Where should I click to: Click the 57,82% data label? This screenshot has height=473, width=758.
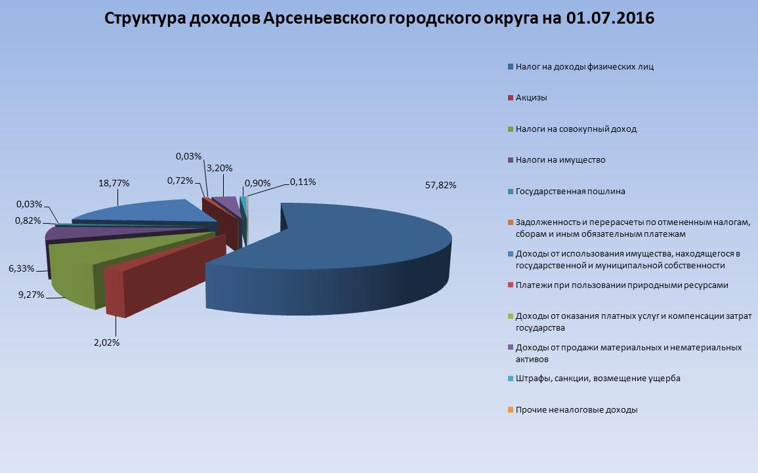[x=440, y=185]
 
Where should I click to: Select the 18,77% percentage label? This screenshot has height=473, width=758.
[x=114, y=183]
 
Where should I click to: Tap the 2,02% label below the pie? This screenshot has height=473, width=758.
[x=106, y=342]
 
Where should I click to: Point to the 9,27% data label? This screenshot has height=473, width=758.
[x=31, y=295]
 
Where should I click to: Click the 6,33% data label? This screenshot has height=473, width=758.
[x=21, y=268]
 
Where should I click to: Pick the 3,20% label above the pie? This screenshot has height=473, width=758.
[x=219, y=168]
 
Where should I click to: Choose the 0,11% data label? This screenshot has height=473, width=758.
[x=303, y=182]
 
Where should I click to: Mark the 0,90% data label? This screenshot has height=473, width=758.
[x=258, y=183]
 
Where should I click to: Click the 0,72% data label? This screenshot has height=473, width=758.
[x=180, y=180]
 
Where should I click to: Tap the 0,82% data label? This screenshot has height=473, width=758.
[x=28, y=221]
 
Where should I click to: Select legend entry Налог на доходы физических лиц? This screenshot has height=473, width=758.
[x=581, y=67]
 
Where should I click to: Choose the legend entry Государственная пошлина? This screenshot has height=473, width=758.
[x=566, y=192]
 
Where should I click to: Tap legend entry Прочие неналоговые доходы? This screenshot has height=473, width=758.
[x=572, y=410]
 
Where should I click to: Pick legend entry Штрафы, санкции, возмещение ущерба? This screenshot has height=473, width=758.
[x=594, y=379]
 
